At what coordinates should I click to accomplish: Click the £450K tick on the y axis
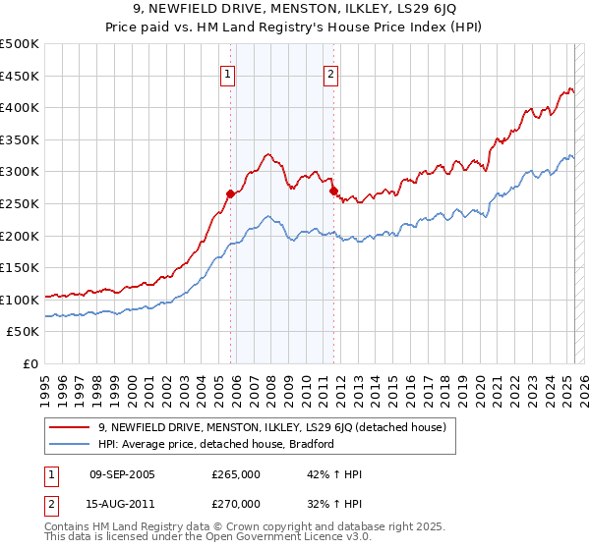20,76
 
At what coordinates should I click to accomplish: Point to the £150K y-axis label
20,267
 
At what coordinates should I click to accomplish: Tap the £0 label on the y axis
30,363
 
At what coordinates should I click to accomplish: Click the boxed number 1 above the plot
228,74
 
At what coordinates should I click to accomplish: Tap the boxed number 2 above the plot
331,74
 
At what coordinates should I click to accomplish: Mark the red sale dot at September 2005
230,193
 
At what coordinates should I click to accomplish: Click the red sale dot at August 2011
334,191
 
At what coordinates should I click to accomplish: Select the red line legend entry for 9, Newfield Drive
272,427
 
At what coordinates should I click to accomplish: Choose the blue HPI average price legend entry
216,444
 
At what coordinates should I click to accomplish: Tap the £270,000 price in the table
236,503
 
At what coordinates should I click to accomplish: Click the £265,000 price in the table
236,474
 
